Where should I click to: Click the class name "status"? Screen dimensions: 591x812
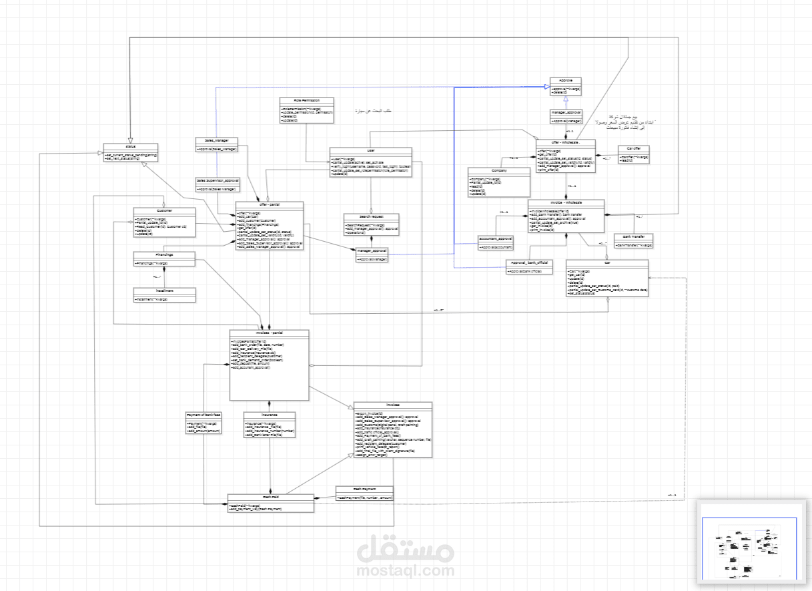point(130,146)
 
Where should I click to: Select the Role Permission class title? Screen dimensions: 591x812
point(306,100)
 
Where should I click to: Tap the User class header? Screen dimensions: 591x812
point(370,150)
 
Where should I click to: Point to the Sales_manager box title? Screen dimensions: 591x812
point(217,141)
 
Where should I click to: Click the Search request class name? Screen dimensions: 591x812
point(371,216)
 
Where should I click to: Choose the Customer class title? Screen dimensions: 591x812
point(164,211)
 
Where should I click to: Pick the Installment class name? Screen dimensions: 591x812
point(164,291)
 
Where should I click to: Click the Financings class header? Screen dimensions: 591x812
point(164,254)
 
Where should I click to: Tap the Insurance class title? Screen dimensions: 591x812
point(269,415)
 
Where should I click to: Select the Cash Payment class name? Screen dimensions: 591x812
point(364,489)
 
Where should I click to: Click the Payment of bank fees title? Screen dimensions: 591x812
point(204,415)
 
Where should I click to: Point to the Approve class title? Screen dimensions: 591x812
point(566,80)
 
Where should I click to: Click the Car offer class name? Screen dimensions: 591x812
point(633,148)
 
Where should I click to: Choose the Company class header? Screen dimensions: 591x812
point(498,171)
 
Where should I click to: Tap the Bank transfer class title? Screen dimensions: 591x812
point(633,237)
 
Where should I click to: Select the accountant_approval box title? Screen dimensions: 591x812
point(496,238)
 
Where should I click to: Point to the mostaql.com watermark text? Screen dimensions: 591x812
point(406,571)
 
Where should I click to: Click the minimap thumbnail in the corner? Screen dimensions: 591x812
point(750,541)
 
